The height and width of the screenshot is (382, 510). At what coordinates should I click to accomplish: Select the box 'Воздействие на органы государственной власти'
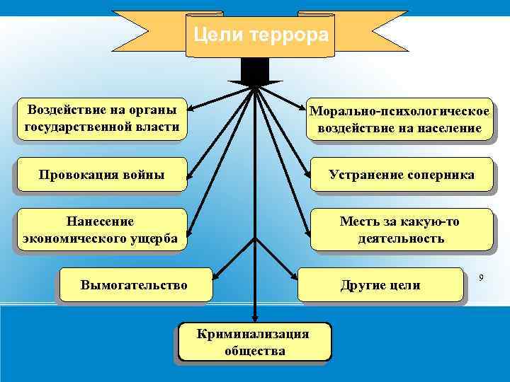pyautogui.click(x=101, y=118)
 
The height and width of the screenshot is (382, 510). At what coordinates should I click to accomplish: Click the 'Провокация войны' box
pyautogui.click(x=101, y=174)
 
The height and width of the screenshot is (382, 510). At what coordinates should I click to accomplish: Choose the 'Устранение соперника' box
pyautogui.click(x=400, y=174)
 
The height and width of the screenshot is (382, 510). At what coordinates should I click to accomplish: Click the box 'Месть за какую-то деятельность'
pyautogui.click(x=400, y=229)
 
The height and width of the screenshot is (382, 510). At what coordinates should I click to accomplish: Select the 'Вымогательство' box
pyautogui.click(x=135, y=285)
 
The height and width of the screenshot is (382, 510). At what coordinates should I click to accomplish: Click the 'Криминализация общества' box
pyautogui.click(x=253, y=342)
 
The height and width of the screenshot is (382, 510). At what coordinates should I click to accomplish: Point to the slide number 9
pyautogui.click(x=481, y=278)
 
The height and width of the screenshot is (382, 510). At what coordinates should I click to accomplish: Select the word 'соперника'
pyautogui.click(x=441, y=174)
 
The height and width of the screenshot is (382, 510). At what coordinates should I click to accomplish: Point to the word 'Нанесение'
pyautogui.click(x=100, y=221)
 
